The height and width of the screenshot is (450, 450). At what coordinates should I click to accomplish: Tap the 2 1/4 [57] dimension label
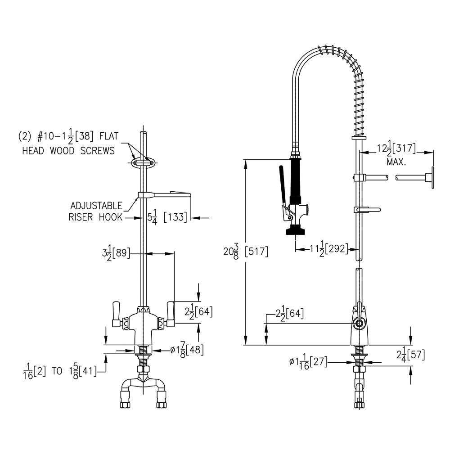tap(410, 355)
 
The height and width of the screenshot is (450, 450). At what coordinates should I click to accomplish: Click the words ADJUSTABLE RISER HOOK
tap(95, 211)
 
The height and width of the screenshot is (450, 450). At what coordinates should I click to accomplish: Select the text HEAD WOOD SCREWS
tap(68, 151)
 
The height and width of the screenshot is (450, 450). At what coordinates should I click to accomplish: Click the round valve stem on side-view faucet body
tap(359, 324)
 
